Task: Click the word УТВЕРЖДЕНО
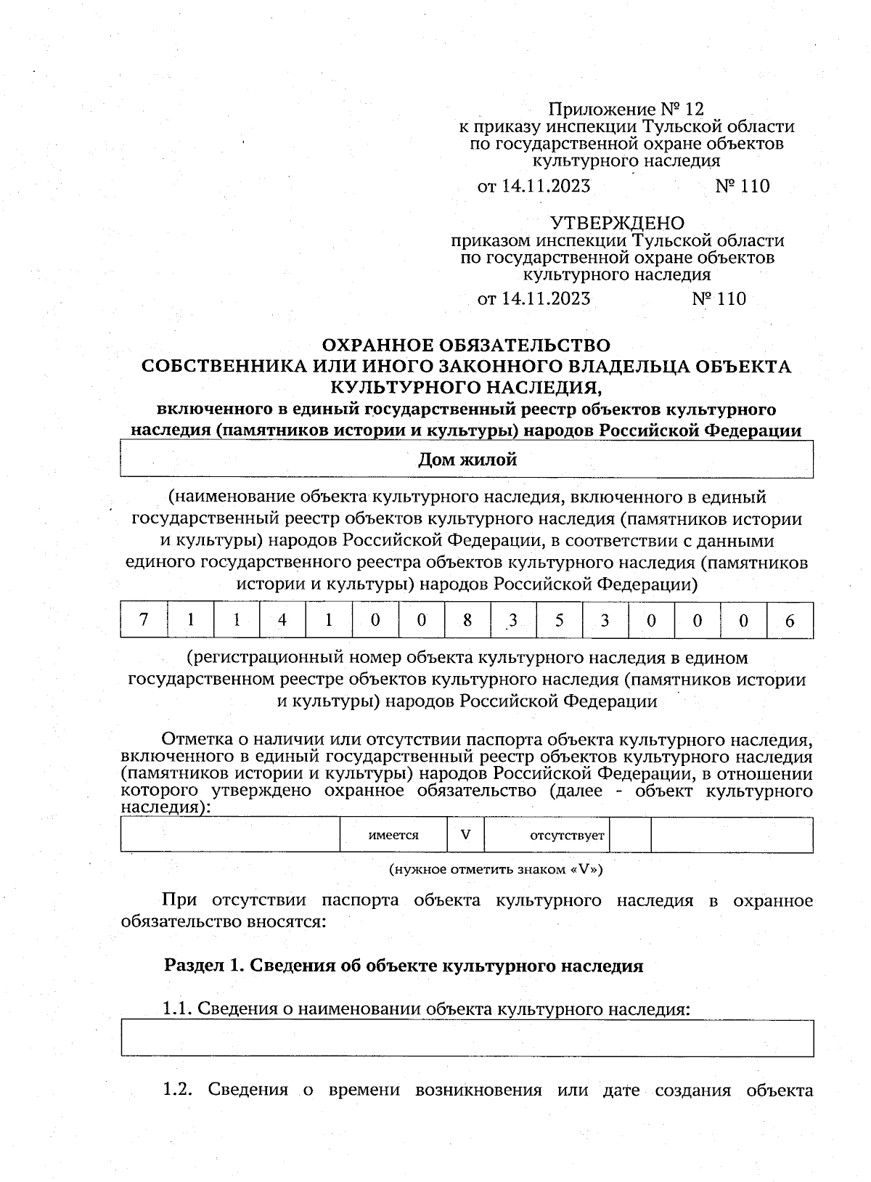[616, 222]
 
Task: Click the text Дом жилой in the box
[467, 459]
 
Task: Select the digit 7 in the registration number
[144, 620]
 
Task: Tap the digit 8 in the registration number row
[467, 620]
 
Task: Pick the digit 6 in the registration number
[790, 621]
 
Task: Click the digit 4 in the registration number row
[282, 620]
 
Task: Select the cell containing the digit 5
[560, 620]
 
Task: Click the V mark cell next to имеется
[465, 835]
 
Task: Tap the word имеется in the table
[393, 835]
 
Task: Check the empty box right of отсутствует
[630, 835]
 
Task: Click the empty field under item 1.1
[467, 1038]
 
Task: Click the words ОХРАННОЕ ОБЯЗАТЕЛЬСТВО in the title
[466, 344]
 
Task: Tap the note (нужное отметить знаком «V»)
[496, 869]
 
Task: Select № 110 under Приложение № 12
[742, 187]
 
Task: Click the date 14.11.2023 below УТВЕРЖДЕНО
[545, 299]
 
